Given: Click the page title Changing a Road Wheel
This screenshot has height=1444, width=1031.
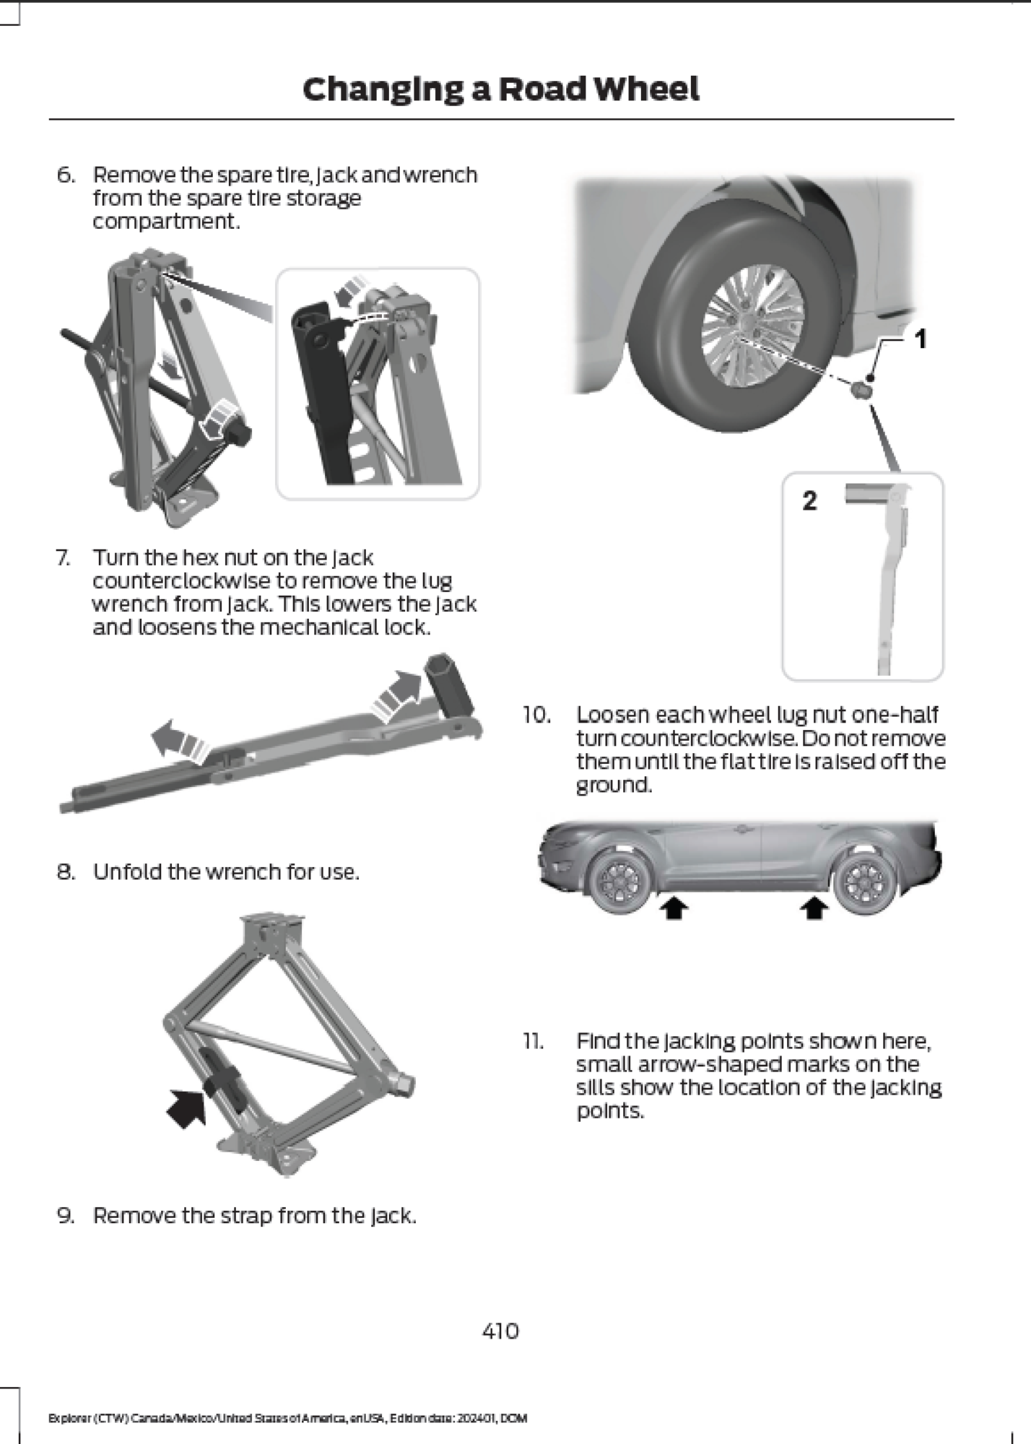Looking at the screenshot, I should coord(500,90).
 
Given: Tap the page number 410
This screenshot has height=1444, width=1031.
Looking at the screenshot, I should coord(500,1330).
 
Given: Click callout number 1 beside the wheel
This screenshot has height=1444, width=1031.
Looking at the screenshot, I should coord(921,339).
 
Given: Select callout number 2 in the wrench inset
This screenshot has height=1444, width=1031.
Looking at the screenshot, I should coord(810,500).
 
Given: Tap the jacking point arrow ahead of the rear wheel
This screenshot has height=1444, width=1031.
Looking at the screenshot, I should coord(814,909).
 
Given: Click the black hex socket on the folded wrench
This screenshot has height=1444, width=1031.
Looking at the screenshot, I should coord(448,683).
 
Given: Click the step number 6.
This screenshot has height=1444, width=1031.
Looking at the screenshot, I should coord(65,175).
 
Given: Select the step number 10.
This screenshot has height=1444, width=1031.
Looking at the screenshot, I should coord(536,716).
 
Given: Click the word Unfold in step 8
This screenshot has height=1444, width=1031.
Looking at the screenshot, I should coord(128,872).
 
